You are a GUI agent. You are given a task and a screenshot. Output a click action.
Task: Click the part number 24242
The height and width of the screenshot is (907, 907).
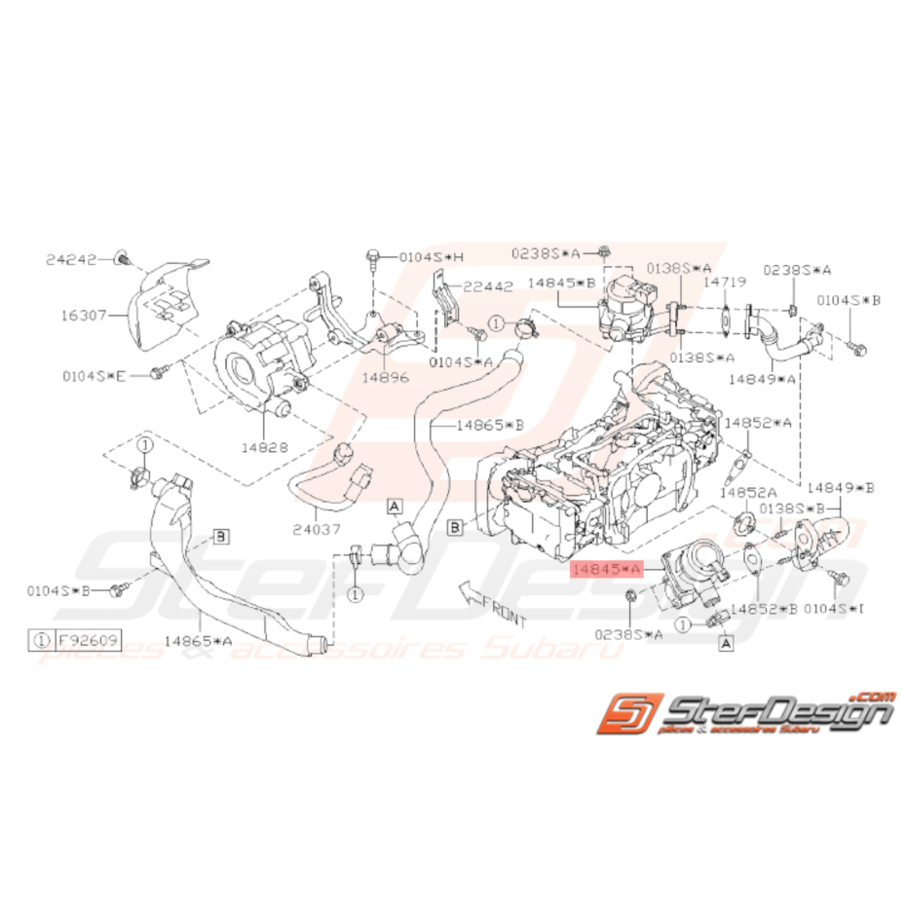(x=71, y=259)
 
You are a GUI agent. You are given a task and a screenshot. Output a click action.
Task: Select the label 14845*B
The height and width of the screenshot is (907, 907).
(x=561, y=283)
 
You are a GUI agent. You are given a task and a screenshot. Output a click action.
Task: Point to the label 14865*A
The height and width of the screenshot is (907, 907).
(x=199, y=640)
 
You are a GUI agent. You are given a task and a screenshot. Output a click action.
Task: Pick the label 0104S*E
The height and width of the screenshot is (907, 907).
(x=94, y=374)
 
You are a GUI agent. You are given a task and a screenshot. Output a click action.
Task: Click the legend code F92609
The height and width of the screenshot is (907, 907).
(x=82, y=640)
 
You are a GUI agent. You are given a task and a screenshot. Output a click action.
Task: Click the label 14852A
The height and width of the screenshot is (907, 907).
(x=759, y=493)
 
